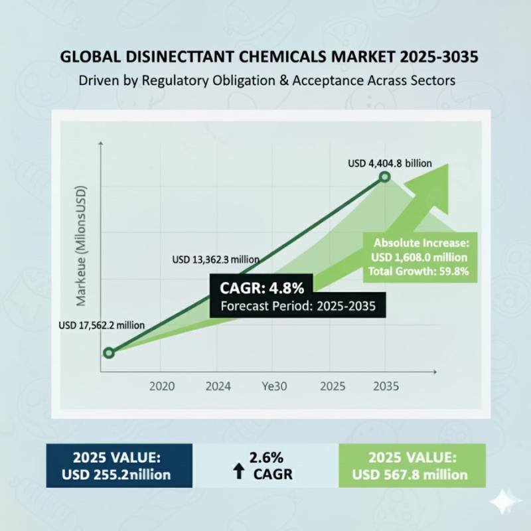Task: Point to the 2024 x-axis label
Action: [218, 386]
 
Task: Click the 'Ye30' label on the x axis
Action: [274, 386]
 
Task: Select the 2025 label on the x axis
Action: [332, 386]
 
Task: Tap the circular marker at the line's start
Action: [109, 352]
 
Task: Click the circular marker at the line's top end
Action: [385, 178]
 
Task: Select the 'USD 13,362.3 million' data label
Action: [215, 259]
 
